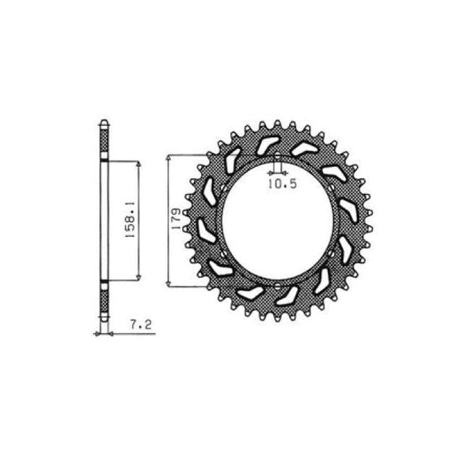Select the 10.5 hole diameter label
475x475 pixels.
pyautogui.click(x=282, y=184)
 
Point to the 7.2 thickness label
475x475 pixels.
pyautogui.click(x=141, y=325)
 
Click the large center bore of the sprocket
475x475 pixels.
pyautogui.click(x=278, y=221)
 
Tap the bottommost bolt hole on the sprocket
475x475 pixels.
pyautogui.click(x=278, y=287)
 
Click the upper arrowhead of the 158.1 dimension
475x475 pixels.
pyautogui.click(x=139, y=164)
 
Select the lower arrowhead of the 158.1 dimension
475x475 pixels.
pyautogui.click(x=139, y=278)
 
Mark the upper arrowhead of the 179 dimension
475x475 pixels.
pyautogui.click(x=169, y=158)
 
